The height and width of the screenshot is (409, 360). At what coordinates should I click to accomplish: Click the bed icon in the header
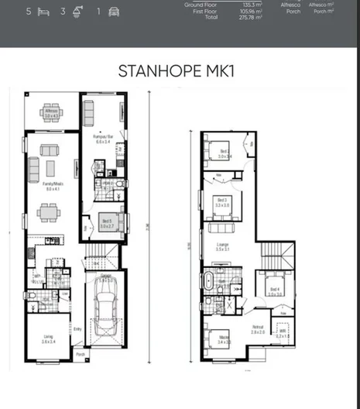pyautogui.click(x=45, y=12)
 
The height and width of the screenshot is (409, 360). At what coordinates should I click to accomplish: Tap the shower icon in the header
pyautogui.click(x=80, y=12)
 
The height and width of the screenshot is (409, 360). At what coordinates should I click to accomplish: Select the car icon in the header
pyautogui.click(x=115, y=12)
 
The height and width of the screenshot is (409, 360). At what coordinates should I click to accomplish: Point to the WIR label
pyautogui.click(x=283, y=333)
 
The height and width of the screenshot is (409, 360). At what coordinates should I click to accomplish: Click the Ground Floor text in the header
pyautogui.click(x=200, y=5)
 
